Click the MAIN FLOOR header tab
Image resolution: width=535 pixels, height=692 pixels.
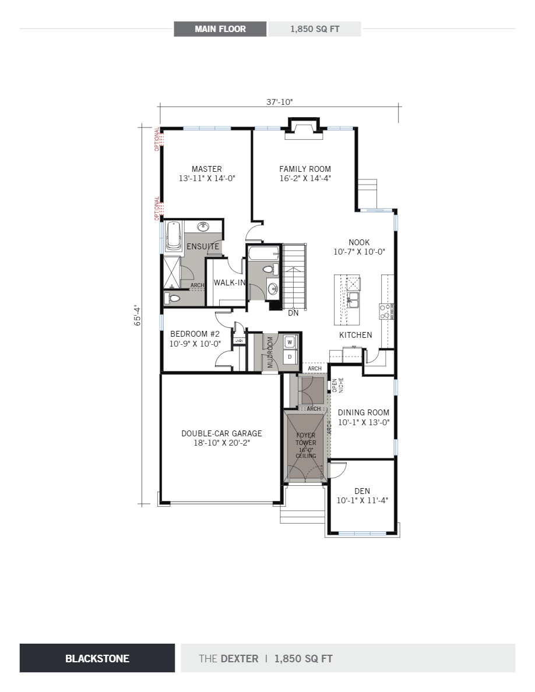(220, 29)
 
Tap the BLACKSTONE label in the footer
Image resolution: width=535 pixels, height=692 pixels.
(97, 658)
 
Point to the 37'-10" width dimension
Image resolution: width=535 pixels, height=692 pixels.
(279, 102)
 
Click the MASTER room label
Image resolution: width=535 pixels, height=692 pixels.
(206, 170)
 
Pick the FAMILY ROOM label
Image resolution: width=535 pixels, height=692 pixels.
(305, 170)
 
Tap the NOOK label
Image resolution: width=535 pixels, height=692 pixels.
(359, 243)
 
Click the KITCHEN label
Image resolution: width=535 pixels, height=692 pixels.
(356, 335)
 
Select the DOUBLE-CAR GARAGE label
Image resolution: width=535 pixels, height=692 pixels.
(221, 433)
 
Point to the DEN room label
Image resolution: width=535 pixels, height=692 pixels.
(362, 491)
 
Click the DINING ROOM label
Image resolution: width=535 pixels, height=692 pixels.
(364, 412)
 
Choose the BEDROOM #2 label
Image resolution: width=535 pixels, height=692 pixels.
(195, 334)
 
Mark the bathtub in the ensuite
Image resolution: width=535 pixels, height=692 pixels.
(173, 236)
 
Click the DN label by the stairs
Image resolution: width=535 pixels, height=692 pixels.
(294, 313)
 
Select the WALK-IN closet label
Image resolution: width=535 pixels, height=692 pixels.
(229, 283)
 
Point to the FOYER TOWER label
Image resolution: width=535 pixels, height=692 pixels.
(305, 439)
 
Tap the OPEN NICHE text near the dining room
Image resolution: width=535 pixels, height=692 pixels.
(338, 385)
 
